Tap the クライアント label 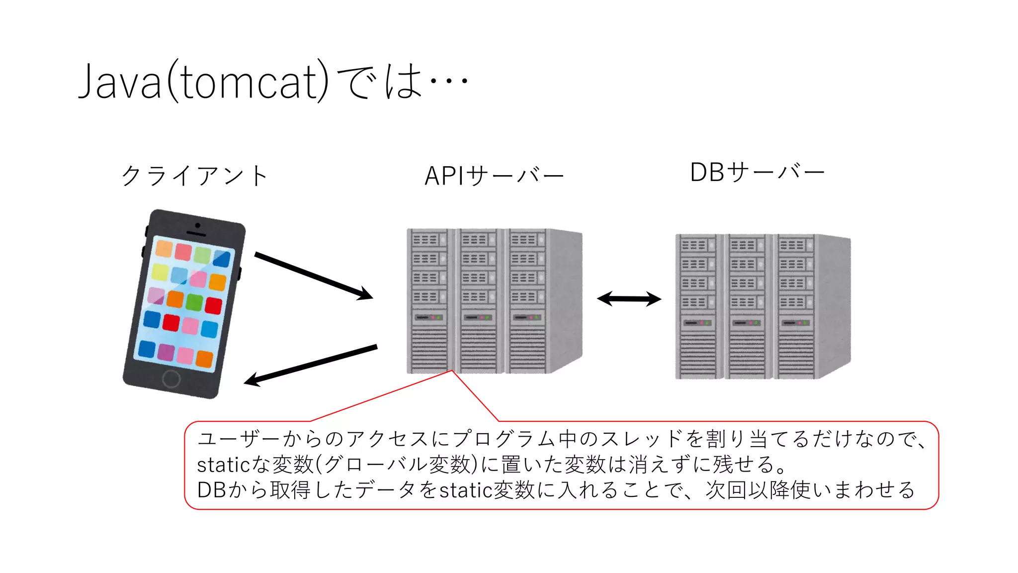point(194,176)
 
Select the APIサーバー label point(494,176)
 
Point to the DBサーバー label point(757,173)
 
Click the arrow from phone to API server point(313,276)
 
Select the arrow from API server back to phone point(311,365)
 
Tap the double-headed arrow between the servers point(629,299)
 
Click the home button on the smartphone point(171,379)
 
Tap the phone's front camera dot point(197,225)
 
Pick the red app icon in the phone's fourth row point(170,323)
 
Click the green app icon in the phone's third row point(194,302)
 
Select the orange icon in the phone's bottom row point(204,359)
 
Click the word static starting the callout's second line point(223,465)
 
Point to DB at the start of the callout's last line point(212,490)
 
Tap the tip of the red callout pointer point(452,371)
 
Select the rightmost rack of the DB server point(795,306)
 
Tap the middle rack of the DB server point(747,306)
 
